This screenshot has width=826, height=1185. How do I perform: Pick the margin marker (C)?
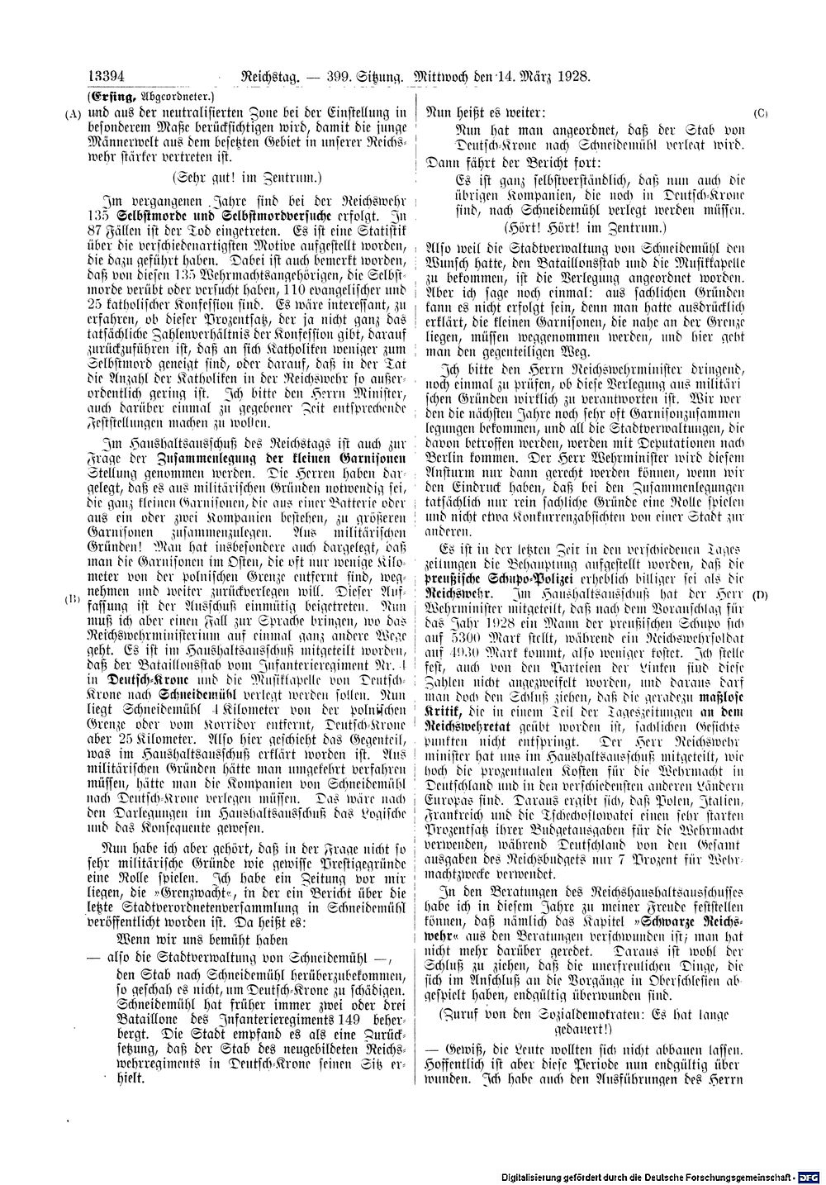click(x=761, y=112)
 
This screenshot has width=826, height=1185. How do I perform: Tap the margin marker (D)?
click(x=761, y=595)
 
